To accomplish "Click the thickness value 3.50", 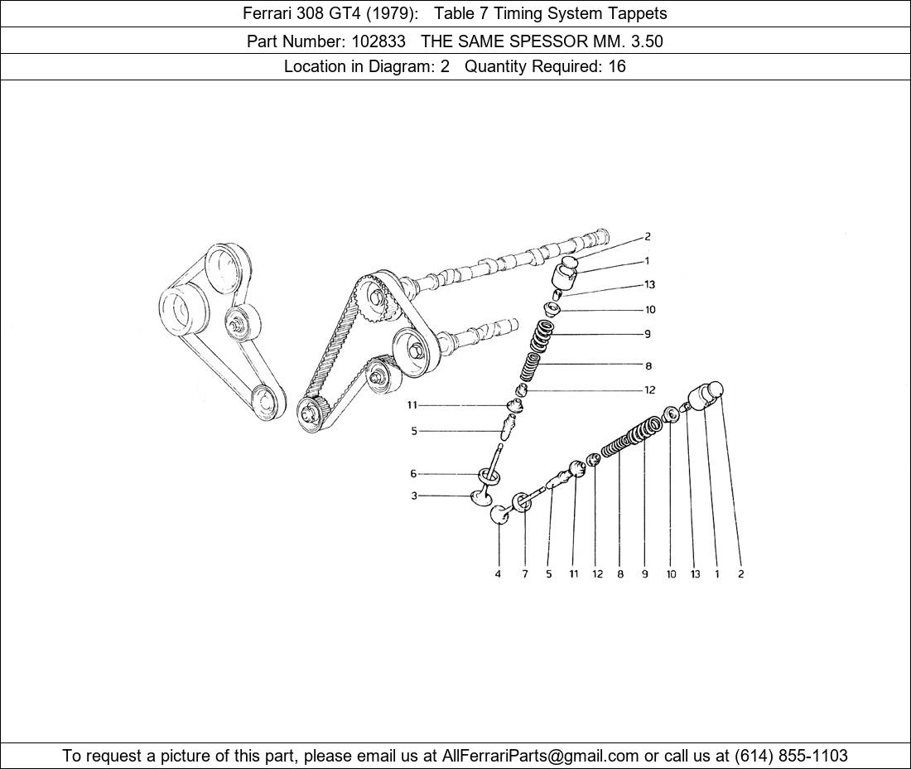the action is pyautogui.click(x=646, y=41).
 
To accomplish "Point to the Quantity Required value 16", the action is pyautogui.click(x=617, y=66).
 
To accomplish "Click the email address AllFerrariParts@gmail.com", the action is pyautogui.click(x=540, y=756).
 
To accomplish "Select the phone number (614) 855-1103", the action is pyautogui.click(x=791, y=756).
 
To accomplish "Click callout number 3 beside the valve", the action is pyautogui.click(x=414, y=496).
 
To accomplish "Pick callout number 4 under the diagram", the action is pyautogui.click(x=498, y=573).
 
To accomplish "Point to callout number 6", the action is pyautogui.click(x=413, y=474).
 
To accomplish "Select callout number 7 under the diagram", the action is pyautogui.click(x=525, y=573).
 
